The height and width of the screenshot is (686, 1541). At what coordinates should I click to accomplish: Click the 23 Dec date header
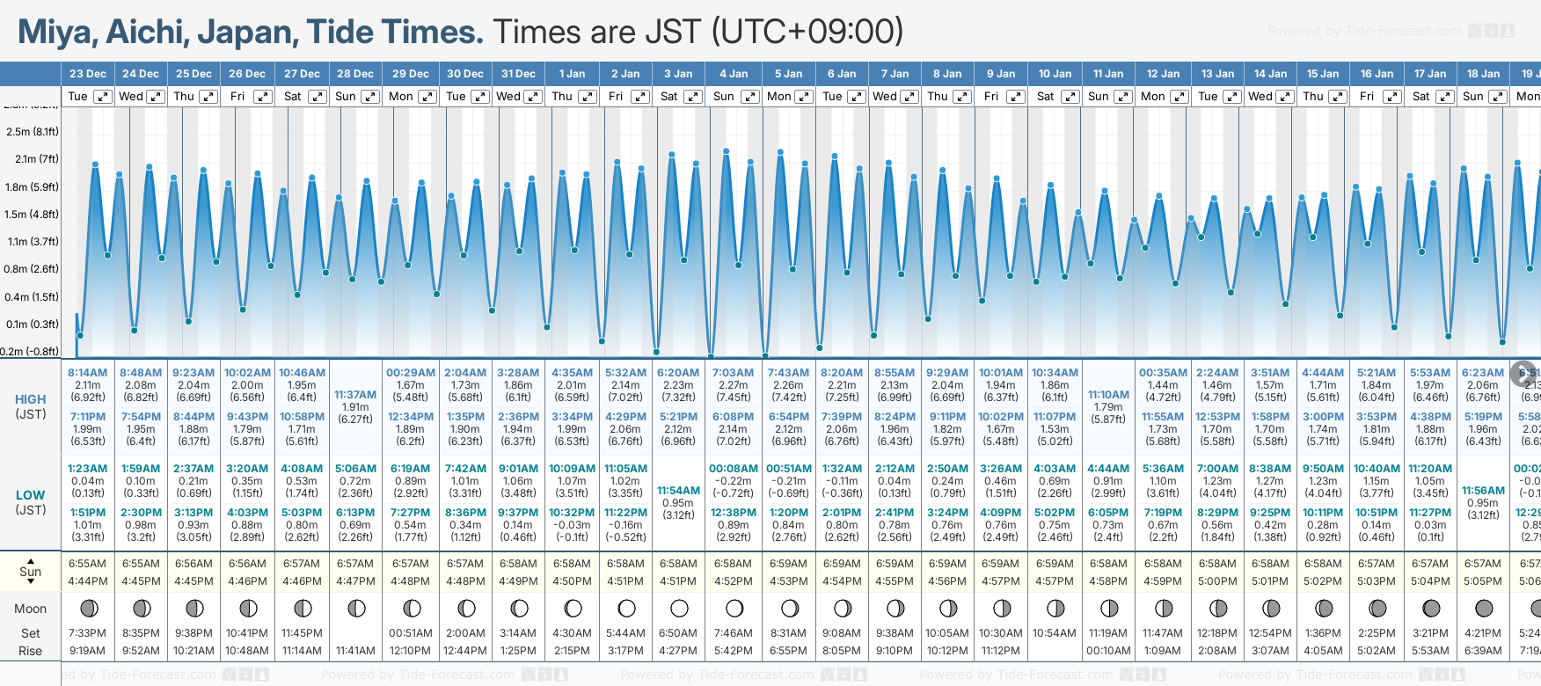click(88, 74)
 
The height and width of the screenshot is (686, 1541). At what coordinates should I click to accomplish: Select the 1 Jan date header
click(572, 74)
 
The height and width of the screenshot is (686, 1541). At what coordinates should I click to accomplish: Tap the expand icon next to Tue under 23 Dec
click(103, 97)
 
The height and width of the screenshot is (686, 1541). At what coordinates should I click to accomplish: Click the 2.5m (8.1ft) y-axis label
click(32, 132)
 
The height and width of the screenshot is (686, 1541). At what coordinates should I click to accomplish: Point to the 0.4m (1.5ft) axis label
click(32, 297)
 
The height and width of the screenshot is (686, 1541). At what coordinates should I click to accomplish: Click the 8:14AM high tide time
click(88, 373)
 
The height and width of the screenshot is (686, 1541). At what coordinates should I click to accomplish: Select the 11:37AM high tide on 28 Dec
click(355, 395)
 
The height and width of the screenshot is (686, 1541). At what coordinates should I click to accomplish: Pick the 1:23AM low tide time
click(88, 469)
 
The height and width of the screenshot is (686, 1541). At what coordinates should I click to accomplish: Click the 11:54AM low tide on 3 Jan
click(678, 491)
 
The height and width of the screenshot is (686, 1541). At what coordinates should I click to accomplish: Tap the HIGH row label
click(30, 399)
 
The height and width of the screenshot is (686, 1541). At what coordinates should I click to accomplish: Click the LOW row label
click(30, 495)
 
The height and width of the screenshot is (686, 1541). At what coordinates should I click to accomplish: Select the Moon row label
click(30, 609)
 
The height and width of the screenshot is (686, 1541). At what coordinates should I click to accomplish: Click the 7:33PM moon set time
click(88, 633)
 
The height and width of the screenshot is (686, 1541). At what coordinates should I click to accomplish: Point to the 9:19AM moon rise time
click(88, 651)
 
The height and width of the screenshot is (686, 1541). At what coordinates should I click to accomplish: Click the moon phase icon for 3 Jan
click(679, 608)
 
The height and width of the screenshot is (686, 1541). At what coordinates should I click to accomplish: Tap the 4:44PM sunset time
click(88, 581)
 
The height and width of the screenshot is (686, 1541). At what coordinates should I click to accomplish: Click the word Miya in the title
click(56, 33)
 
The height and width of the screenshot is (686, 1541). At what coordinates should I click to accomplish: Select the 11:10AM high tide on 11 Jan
click(1108, 395)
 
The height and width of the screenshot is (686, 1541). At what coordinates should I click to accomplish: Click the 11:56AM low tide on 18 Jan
click(1483, 491)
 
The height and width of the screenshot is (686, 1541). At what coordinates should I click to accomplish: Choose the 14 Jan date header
click(1270, 74)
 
